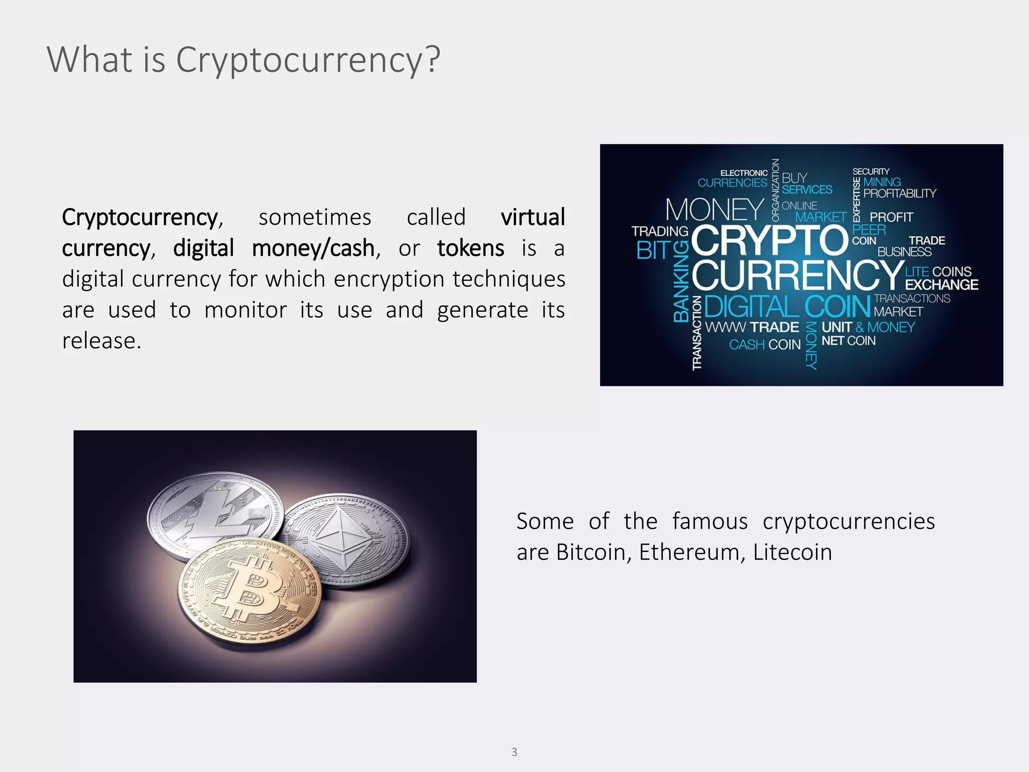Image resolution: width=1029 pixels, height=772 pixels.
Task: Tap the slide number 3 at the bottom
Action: coord(514,751)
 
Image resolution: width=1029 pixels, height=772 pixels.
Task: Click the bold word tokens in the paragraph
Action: coord(470,248)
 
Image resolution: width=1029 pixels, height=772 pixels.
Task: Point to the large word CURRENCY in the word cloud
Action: coord(797,274)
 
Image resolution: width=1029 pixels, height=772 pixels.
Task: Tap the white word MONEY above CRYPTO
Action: coord(714,210)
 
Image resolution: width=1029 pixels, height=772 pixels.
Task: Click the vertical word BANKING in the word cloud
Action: coord(681,281)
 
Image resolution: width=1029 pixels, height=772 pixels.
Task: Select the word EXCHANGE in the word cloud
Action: coord(942,285)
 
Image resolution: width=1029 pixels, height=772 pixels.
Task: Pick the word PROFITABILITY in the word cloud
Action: coord(899,194)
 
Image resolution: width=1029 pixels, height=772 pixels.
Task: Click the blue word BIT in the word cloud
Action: coord(653,250)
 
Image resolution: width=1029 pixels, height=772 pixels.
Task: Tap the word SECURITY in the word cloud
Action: coord(871,171)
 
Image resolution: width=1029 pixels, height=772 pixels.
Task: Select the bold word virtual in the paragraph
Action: coord(533,218)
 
